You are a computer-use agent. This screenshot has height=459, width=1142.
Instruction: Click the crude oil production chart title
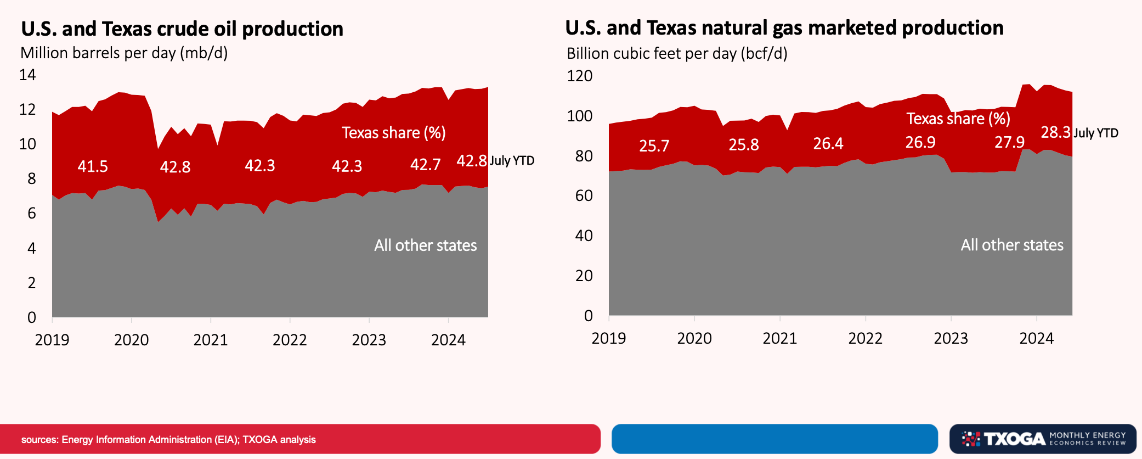pos(182,29)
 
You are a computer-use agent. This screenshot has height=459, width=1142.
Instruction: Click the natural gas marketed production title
pos(784,28)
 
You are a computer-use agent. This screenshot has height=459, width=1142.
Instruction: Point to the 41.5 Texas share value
pos(93,166)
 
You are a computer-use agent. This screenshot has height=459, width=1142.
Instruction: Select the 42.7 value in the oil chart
pos(425,165)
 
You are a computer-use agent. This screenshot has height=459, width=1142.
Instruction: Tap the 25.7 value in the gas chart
pos(654,146)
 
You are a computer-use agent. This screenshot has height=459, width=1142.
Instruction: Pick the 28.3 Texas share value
pos(1055,132)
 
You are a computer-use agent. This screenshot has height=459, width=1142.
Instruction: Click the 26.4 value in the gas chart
pos(828,144)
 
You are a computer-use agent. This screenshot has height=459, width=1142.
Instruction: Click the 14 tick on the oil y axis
pos(27,75)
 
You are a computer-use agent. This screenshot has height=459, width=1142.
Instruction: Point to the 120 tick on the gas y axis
pos(579,76)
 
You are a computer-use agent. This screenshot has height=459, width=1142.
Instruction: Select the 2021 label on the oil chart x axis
pos(211,340)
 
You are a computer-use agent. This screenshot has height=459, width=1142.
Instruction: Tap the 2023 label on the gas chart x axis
pos(951,338)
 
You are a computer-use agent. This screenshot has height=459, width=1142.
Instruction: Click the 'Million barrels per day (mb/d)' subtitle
pos(124,53)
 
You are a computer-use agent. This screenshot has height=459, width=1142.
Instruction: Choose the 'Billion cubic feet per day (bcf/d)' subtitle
pos(677,54)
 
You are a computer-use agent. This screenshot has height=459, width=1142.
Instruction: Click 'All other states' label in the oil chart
pos(425,245)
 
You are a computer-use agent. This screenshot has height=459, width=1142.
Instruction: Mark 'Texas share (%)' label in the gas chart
pos(958,119)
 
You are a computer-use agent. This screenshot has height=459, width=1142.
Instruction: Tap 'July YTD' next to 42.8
pos(511,161)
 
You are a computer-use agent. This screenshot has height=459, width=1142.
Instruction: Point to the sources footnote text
pos(168,440)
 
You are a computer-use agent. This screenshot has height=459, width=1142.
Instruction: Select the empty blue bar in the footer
pos(774,439)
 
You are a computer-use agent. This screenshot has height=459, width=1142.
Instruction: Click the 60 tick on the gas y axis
pos(584,196)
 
